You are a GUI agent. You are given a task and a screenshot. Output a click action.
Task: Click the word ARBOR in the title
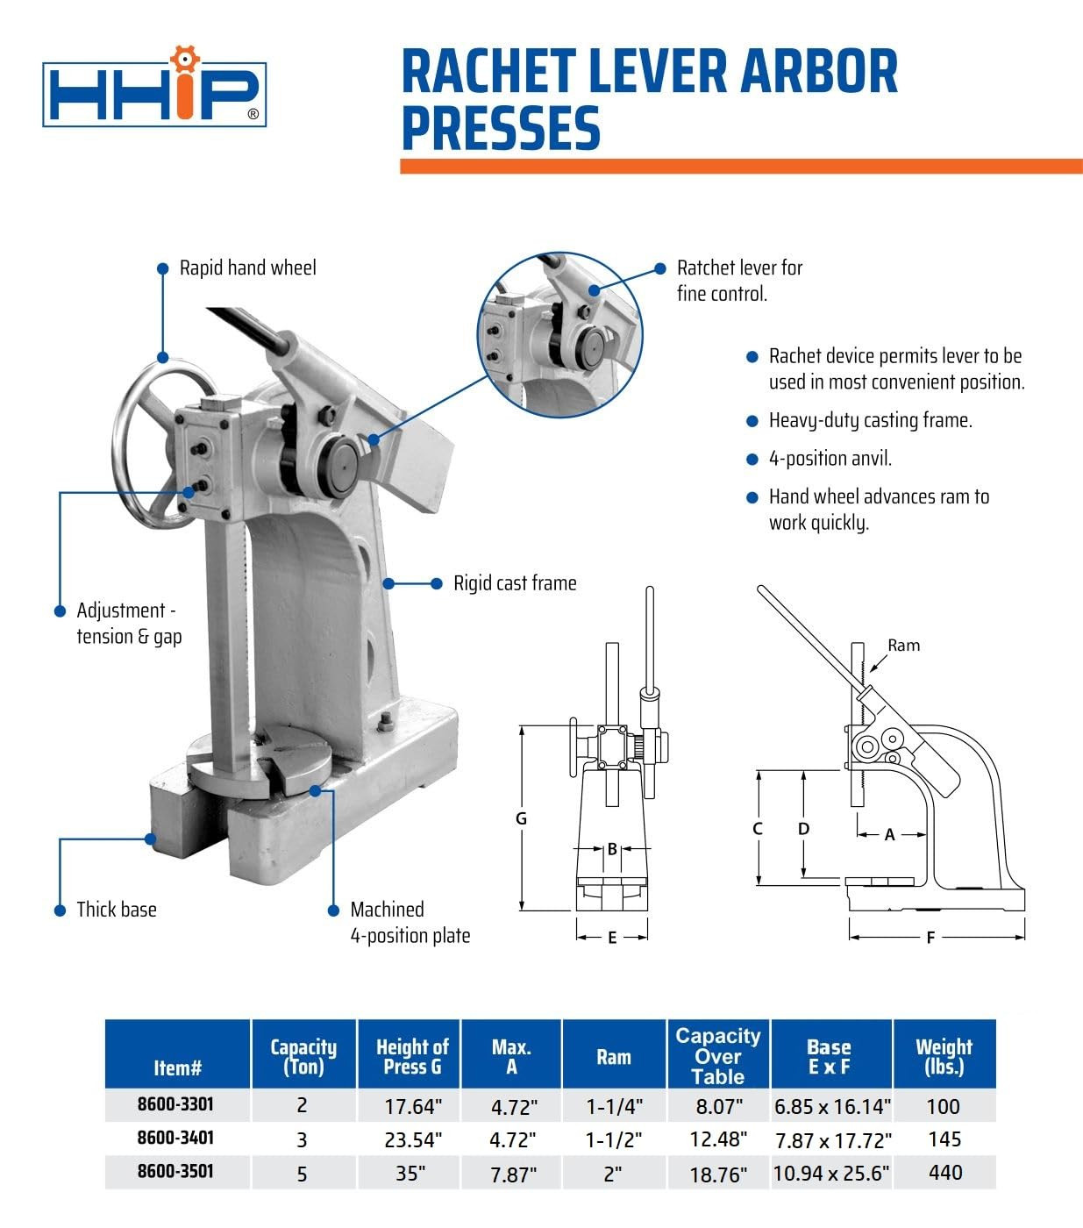click(819, 72)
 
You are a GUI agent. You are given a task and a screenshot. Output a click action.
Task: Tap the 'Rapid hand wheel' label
click(247, 268)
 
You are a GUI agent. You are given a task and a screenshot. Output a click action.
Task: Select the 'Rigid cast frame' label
click(515, 583)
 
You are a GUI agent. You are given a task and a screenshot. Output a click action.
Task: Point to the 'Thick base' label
click(116, 910)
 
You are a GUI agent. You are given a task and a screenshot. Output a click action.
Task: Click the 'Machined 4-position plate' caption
click(410, 923)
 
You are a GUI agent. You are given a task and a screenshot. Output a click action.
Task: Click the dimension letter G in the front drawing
click(521, 818)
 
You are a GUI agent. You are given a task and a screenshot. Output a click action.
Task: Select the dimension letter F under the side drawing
click(930, 938)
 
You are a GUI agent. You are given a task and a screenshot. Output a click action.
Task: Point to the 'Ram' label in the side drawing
click(903, 646)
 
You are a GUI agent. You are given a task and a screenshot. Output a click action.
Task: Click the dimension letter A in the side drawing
click(889, 835)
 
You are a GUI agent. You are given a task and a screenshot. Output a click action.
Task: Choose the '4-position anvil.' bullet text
click(830, 459)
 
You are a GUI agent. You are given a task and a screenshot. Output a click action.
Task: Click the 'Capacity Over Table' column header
click(718, 1056)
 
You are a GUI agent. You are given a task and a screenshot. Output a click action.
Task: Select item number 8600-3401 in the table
click(175, 1138)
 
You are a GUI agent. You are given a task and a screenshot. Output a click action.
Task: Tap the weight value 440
click(944, 1173)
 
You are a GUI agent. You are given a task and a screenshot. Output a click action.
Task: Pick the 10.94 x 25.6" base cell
click(830, 1173)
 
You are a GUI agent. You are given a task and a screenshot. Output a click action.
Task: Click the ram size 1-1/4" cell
click(614, 1107)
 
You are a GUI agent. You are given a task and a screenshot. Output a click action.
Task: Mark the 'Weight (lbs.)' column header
click(944, 1056)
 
